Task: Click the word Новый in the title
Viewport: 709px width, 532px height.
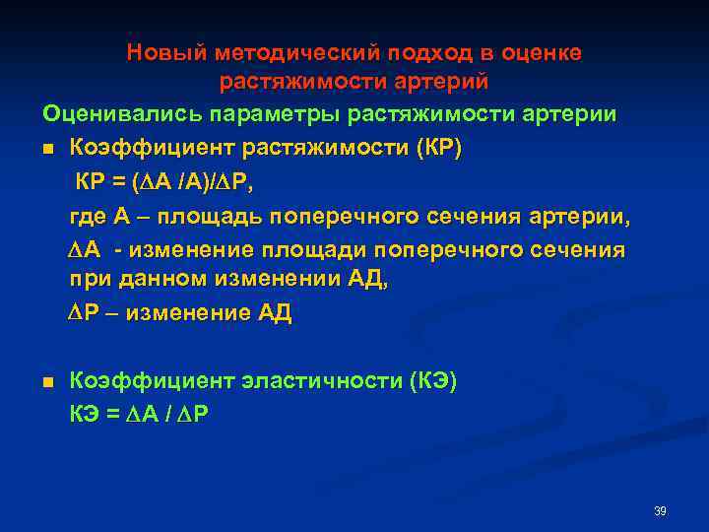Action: coord(159,52)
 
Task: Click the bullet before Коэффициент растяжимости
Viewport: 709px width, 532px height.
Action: coord(46,150)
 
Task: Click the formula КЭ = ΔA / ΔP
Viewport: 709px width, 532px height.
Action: coord(138,414)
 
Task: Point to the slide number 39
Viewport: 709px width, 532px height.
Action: coord(660,511)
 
